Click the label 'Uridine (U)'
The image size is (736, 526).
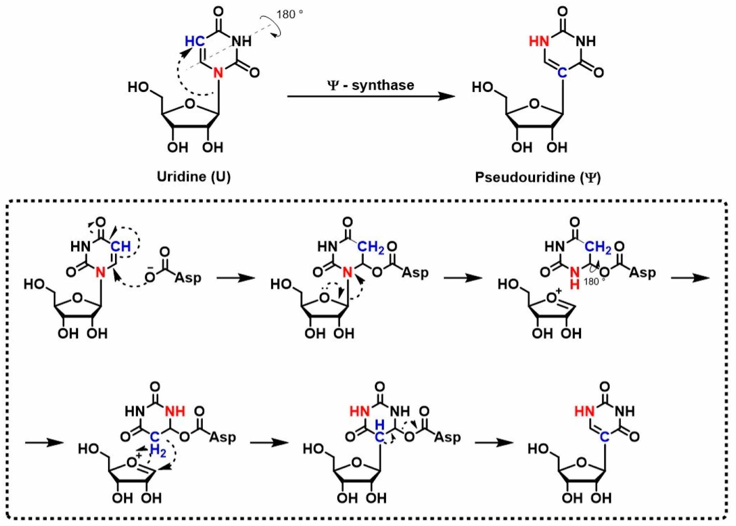(x=194, y=177)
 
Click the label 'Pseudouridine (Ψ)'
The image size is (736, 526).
(x=538, y=177)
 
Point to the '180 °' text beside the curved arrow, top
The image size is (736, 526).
(x=290, y=15)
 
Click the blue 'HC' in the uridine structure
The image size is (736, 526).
(x=194, y=41)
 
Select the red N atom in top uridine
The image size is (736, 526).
(x=218, y=73)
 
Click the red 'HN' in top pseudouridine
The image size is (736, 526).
(x=539, y=41)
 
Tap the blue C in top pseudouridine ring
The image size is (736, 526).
(x=562, y=73)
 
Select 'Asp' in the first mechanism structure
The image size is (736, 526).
(x=188, y=278)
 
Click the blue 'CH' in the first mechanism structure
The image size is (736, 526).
(x=120, y=247)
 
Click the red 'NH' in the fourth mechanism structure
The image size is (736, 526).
(x=175, y=411)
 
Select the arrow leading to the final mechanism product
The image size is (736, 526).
(x=494, y=442)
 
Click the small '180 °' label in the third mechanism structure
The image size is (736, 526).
(x=594, y=282)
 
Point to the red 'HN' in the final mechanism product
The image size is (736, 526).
(x=584, y=411)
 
